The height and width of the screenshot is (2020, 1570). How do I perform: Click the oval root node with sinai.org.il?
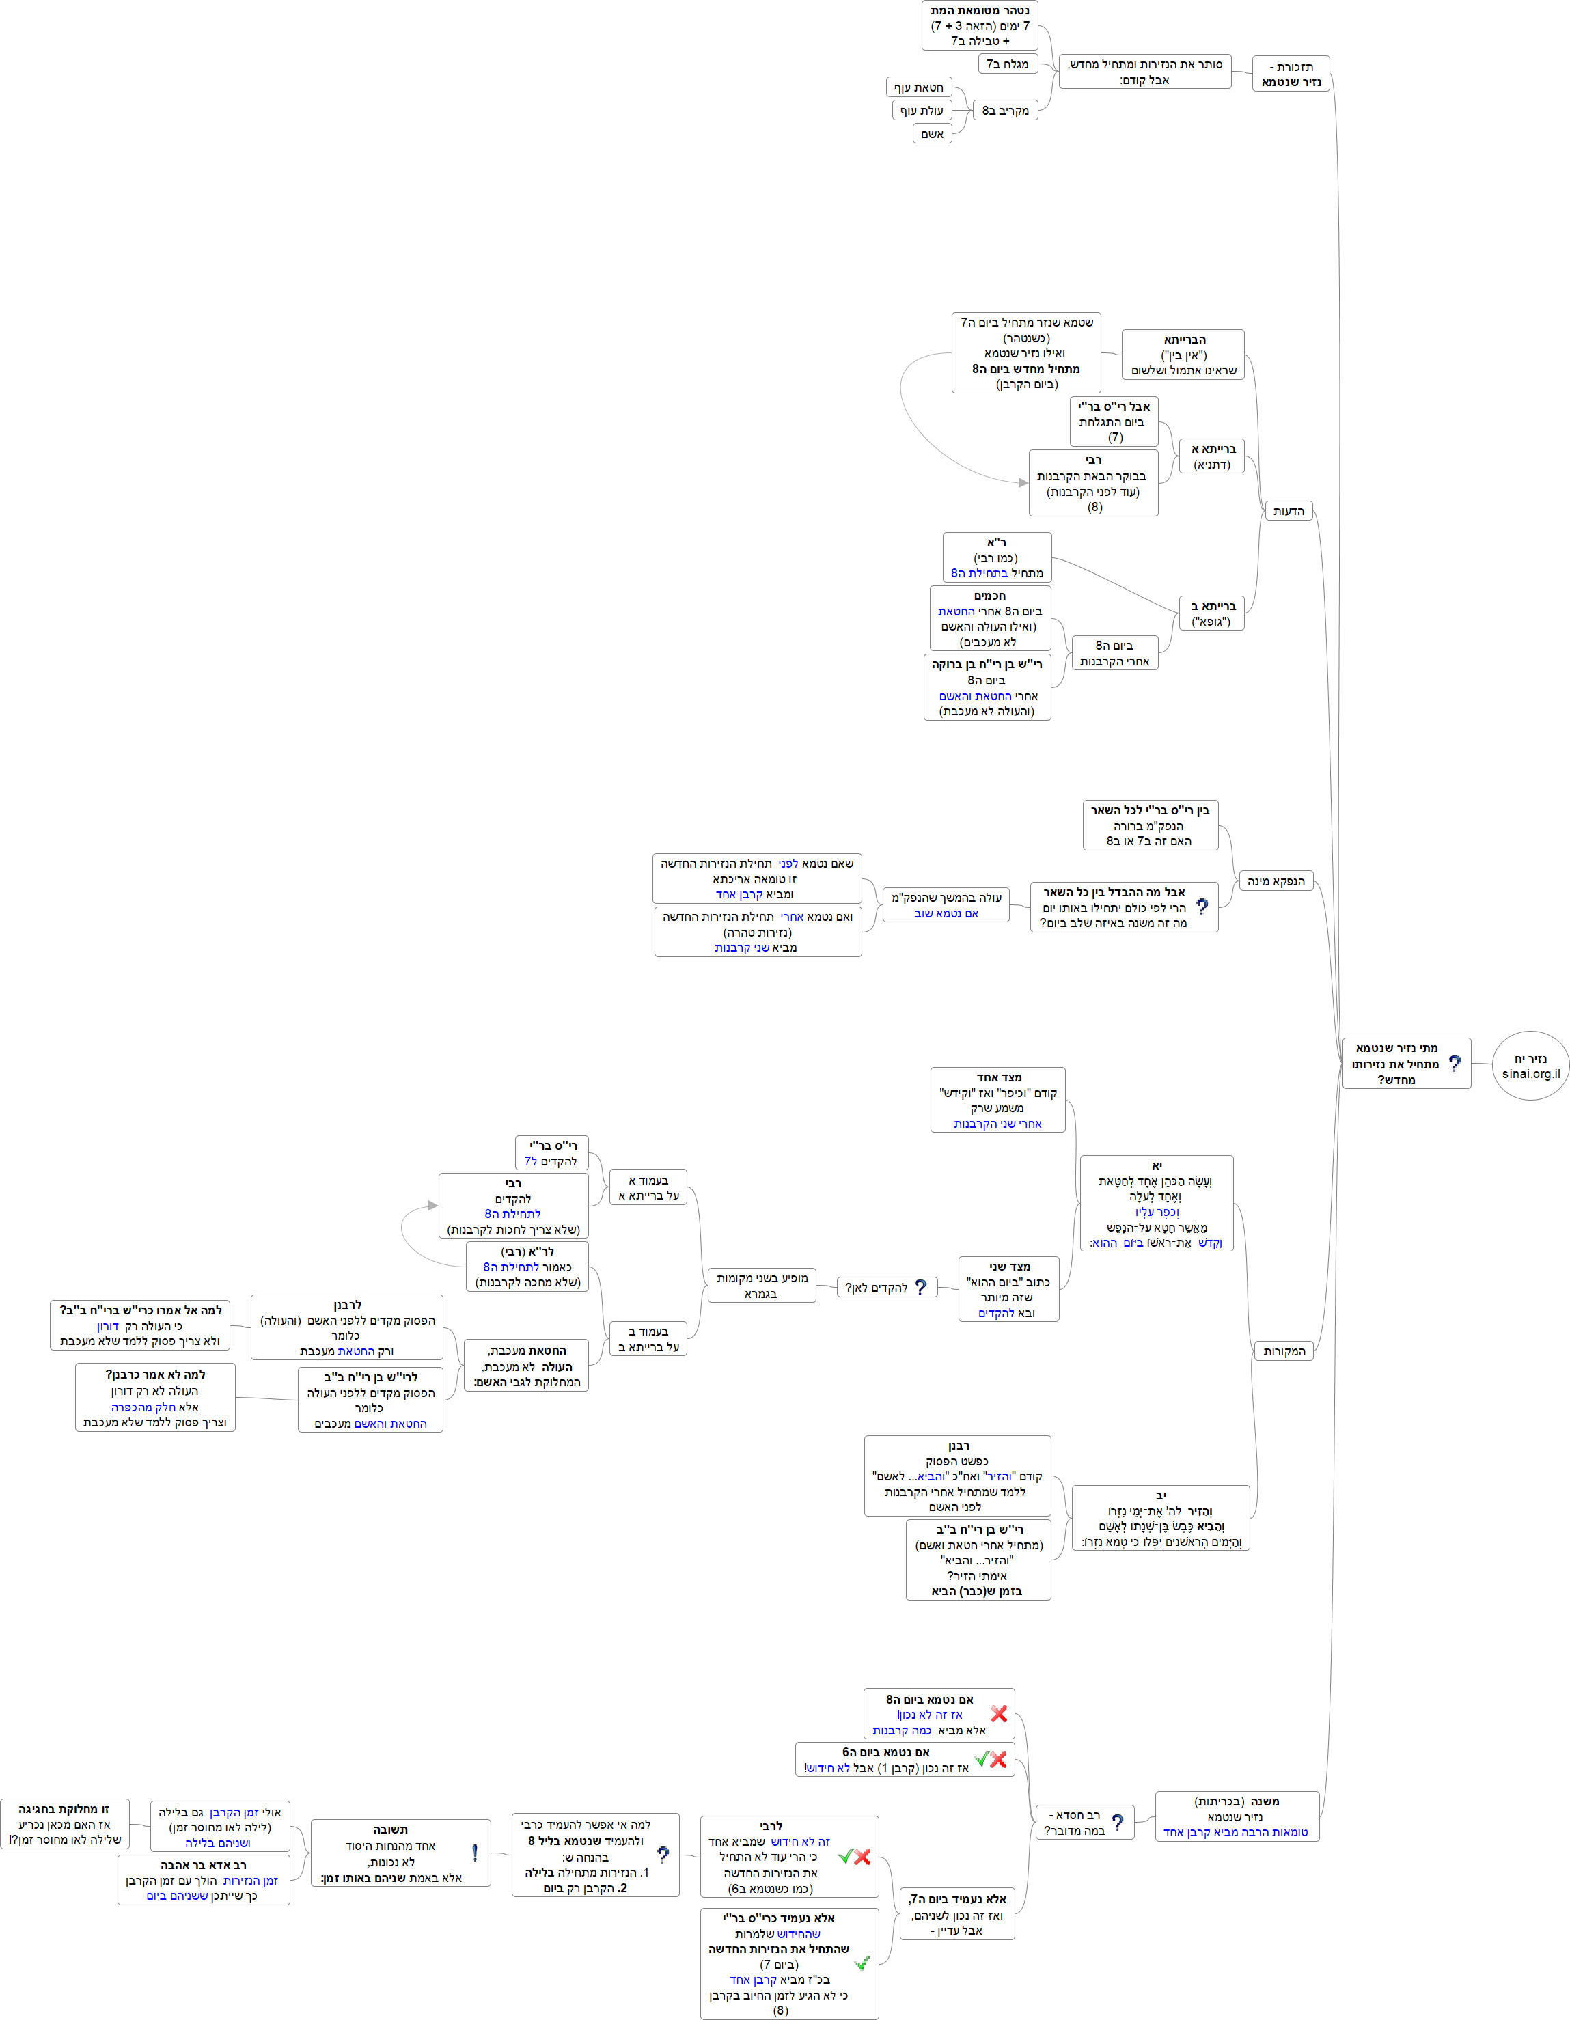(1530, 1066)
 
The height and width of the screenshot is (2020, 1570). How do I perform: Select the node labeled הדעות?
(1288, 512)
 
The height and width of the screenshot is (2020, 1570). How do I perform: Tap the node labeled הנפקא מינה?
(1276, 881)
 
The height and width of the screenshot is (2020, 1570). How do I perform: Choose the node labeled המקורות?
(1284, 1351)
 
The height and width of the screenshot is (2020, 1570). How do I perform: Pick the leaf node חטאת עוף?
(919, 88)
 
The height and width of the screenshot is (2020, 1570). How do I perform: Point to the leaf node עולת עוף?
(922, 111)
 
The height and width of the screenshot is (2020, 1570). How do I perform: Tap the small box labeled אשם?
(932, 134)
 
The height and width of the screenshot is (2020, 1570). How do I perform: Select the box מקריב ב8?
(1006, 111)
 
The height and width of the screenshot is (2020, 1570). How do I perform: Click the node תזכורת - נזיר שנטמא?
(1291, 74)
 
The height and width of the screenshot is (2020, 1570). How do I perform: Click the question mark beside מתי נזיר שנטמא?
(1455, 1064)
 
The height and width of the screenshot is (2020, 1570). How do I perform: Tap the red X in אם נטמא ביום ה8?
(998, 1713)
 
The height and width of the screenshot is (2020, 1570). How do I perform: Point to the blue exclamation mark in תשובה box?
(475, 1853)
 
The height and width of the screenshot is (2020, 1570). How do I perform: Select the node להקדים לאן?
(886, 1288)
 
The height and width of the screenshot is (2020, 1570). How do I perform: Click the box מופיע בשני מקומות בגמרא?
(761, 1286)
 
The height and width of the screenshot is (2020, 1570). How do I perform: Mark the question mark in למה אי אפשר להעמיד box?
(663, 1855)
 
